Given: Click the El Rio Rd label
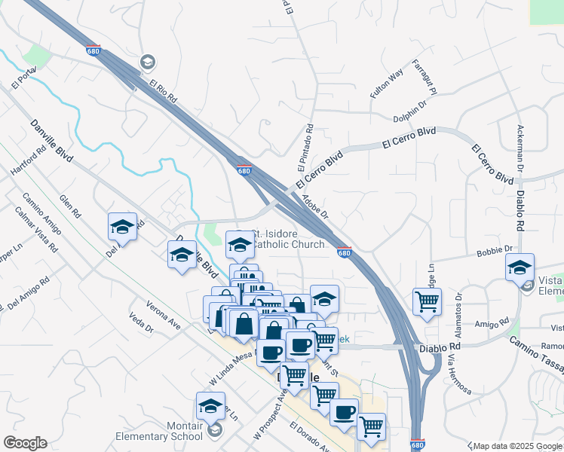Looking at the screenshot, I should coord(162,91).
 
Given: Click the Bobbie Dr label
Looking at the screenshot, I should coord(494,249).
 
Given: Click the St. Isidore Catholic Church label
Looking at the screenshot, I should coord(287,239).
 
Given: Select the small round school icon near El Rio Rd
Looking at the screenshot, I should coord(148,61).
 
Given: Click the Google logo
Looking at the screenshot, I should coord(25,443).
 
